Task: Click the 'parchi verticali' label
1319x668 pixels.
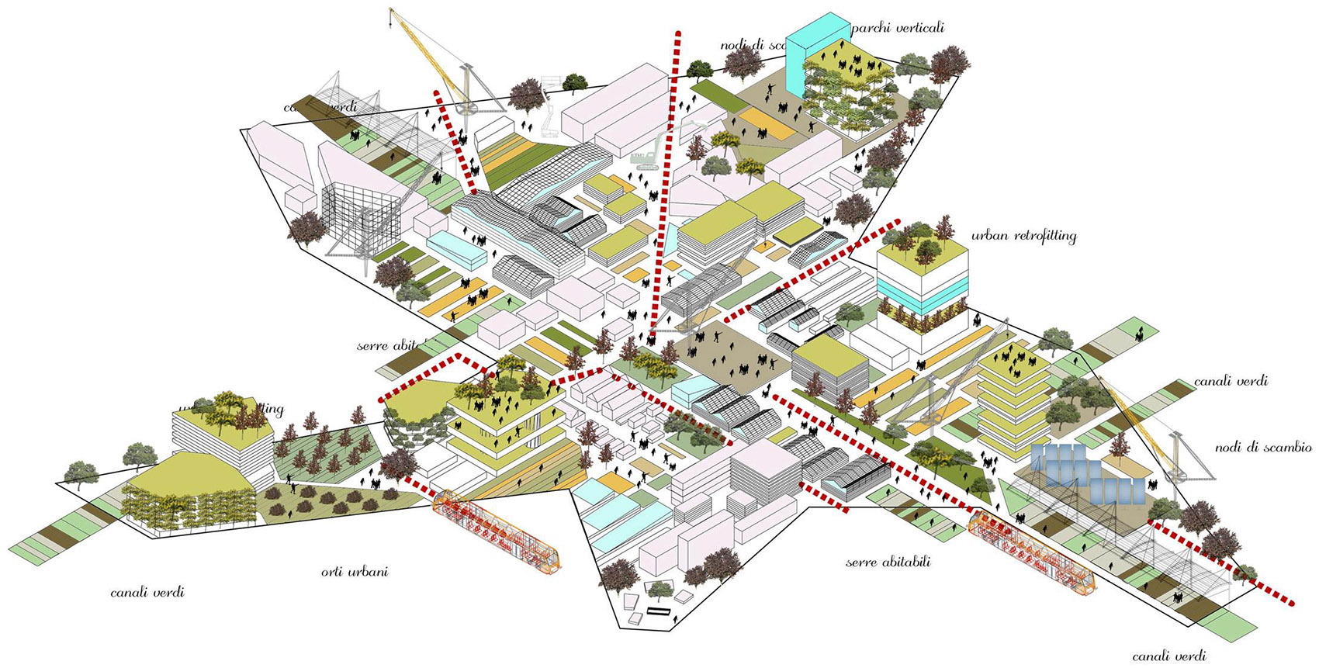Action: [x=898, y=29]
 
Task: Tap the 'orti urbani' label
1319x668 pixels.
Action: [x=355, y=573]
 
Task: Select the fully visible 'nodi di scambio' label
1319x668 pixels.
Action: [x=1263, y=448]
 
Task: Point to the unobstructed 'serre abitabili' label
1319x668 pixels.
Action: [x=888, y=562]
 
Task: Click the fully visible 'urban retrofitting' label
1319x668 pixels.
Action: [x=1023, y=236]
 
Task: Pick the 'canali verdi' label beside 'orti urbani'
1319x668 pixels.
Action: [x=147, y=593]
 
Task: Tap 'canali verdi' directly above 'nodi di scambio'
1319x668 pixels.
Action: [x=1231, y=381]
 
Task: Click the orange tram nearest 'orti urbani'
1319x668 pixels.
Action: [x=497, y=531]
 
